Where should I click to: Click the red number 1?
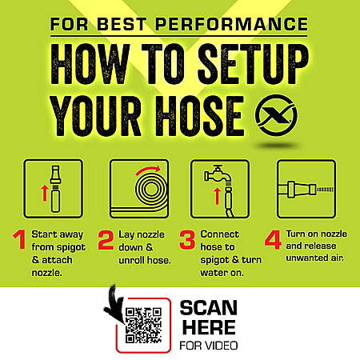(20, 240)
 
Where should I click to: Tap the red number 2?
(106, 240)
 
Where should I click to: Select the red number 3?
(187, 240)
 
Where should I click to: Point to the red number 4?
(273, 240)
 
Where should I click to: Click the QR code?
(143, 326)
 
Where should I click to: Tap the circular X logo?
(276, 115)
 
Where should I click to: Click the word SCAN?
(209, 308)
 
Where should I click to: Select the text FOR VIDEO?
(209, 346)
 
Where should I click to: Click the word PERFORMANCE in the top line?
(231, 24)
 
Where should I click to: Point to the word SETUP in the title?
(253, 65)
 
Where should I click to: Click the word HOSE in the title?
(200, 116)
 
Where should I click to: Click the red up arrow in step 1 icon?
(44, 194)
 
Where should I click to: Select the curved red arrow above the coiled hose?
(148, 170)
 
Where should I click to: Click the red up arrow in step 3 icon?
(218, 196)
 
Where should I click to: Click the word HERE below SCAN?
(209, 327)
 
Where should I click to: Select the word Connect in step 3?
(219, 234)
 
